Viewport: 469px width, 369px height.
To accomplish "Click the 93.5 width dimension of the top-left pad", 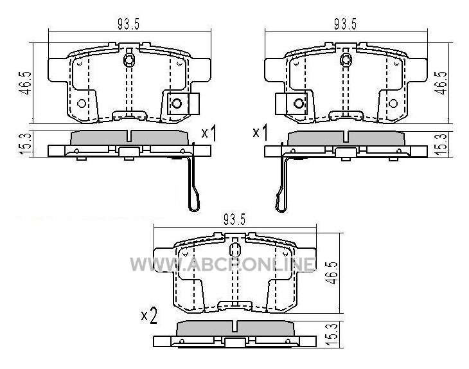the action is (x=128, y=24).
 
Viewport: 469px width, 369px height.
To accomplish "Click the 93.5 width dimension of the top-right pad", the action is (x=345, y=24).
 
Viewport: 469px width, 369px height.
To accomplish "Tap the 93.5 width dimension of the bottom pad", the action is (x=234, y=220).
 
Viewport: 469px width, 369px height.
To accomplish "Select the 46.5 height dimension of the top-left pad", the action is (x=26, y=83).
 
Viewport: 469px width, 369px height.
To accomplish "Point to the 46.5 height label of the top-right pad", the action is (x=442, y=83).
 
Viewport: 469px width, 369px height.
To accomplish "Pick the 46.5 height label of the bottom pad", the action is (x=333, y=273).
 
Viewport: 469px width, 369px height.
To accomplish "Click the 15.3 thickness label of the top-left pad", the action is (x=26, y=144).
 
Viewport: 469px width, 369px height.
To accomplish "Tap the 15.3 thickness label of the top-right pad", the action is (x=442, y=144).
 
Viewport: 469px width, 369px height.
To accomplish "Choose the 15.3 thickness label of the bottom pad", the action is (x=333, y=334).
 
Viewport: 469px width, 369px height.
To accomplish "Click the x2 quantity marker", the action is (x=149, y=316).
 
